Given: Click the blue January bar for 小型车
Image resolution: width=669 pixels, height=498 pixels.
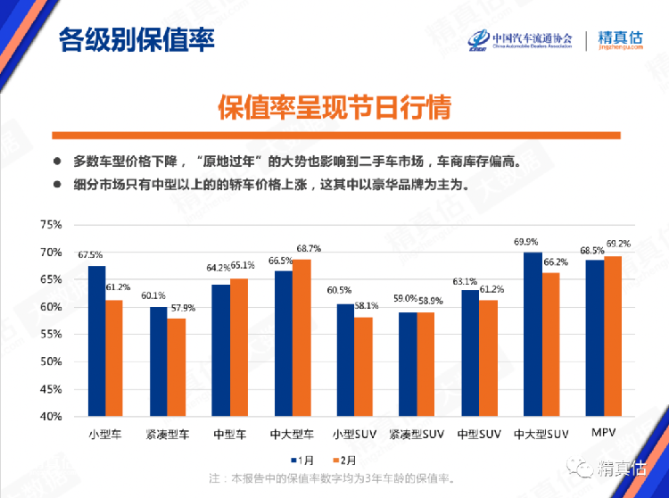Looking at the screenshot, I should click(x=96, y=341).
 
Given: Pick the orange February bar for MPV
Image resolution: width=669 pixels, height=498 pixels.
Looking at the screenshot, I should click(x=613, y=336).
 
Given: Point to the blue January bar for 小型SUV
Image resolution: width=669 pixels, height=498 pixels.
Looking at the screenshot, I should click(x=345, y=360).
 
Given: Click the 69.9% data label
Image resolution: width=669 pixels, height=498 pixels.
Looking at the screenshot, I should click(x=525, y=242).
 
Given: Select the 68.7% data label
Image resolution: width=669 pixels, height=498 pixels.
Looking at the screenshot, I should click(x=309, y=248).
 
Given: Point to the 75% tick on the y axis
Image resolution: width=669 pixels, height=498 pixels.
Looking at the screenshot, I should click(x=50, y=225).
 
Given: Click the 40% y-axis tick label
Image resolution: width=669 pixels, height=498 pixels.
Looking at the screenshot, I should click(x=50, y=417).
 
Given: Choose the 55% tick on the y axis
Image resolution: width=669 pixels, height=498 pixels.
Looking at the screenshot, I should click(x=50, y=335).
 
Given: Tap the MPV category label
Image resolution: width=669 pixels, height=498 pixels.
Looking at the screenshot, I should click(x=604, y=433).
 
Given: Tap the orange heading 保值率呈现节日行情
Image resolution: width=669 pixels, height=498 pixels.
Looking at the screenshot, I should click(x=334, y=107).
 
